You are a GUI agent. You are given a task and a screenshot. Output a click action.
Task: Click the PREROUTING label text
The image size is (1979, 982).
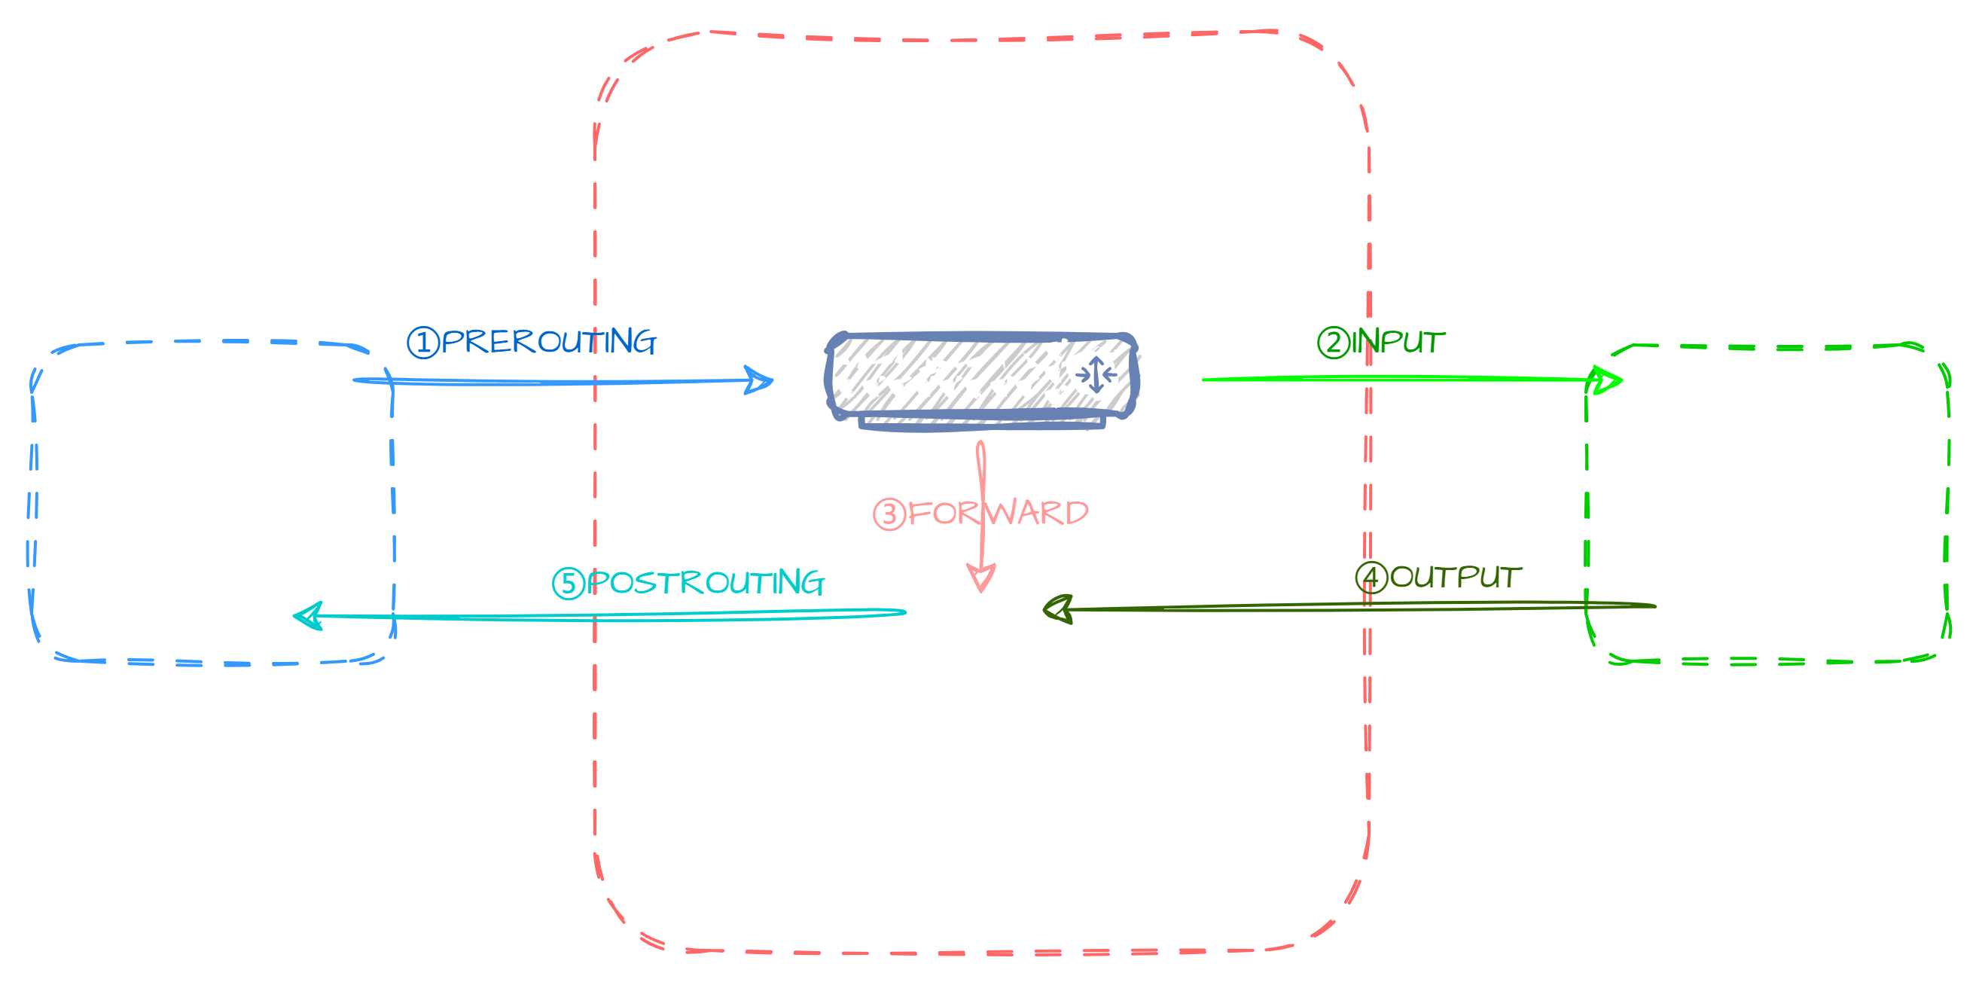[x=548, y=342]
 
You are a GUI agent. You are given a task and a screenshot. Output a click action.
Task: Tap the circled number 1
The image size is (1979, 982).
[x=422, y=343]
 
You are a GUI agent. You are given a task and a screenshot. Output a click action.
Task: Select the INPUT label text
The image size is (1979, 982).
[x=1398, y=342]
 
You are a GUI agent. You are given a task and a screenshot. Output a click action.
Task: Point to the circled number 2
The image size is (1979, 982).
[x=1333, y=343]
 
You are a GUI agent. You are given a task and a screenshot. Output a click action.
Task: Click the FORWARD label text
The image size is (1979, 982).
[x=998, y=513]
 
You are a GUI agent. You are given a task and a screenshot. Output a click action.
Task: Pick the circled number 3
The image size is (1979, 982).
[x=889, y=514]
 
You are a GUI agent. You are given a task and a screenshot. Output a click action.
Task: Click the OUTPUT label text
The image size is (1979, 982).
[x=1455, y=577]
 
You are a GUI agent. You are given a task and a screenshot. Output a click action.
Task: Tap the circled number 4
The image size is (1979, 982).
[x=1371, y=578]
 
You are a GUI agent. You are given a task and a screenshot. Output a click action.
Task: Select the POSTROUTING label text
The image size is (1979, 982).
[x=706, y=582]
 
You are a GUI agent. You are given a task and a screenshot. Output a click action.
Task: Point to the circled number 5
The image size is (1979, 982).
[x=568, y=584]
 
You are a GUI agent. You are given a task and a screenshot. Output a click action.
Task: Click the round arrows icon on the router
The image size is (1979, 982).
[x=1095, y=375]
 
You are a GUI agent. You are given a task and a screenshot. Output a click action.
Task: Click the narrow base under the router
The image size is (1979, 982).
[x=982, y=423]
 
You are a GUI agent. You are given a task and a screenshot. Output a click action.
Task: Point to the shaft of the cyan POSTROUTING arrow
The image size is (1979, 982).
[x=614, y=615]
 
